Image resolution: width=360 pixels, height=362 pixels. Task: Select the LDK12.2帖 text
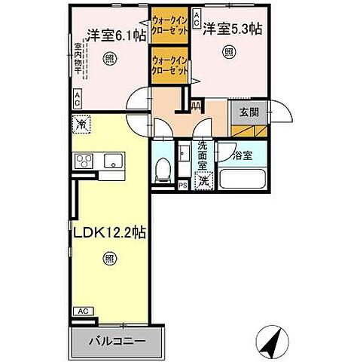108,234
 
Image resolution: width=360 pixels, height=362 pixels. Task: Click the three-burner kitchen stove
82,161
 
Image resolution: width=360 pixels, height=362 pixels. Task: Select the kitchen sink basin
114,160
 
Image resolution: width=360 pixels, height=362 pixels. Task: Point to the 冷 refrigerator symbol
81,122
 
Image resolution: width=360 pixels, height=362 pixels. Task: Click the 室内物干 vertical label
78,60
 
